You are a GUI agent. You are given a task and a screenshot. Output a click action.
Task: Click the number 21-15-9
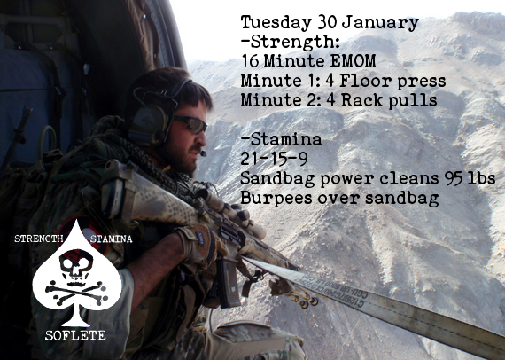pos(273,160)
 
